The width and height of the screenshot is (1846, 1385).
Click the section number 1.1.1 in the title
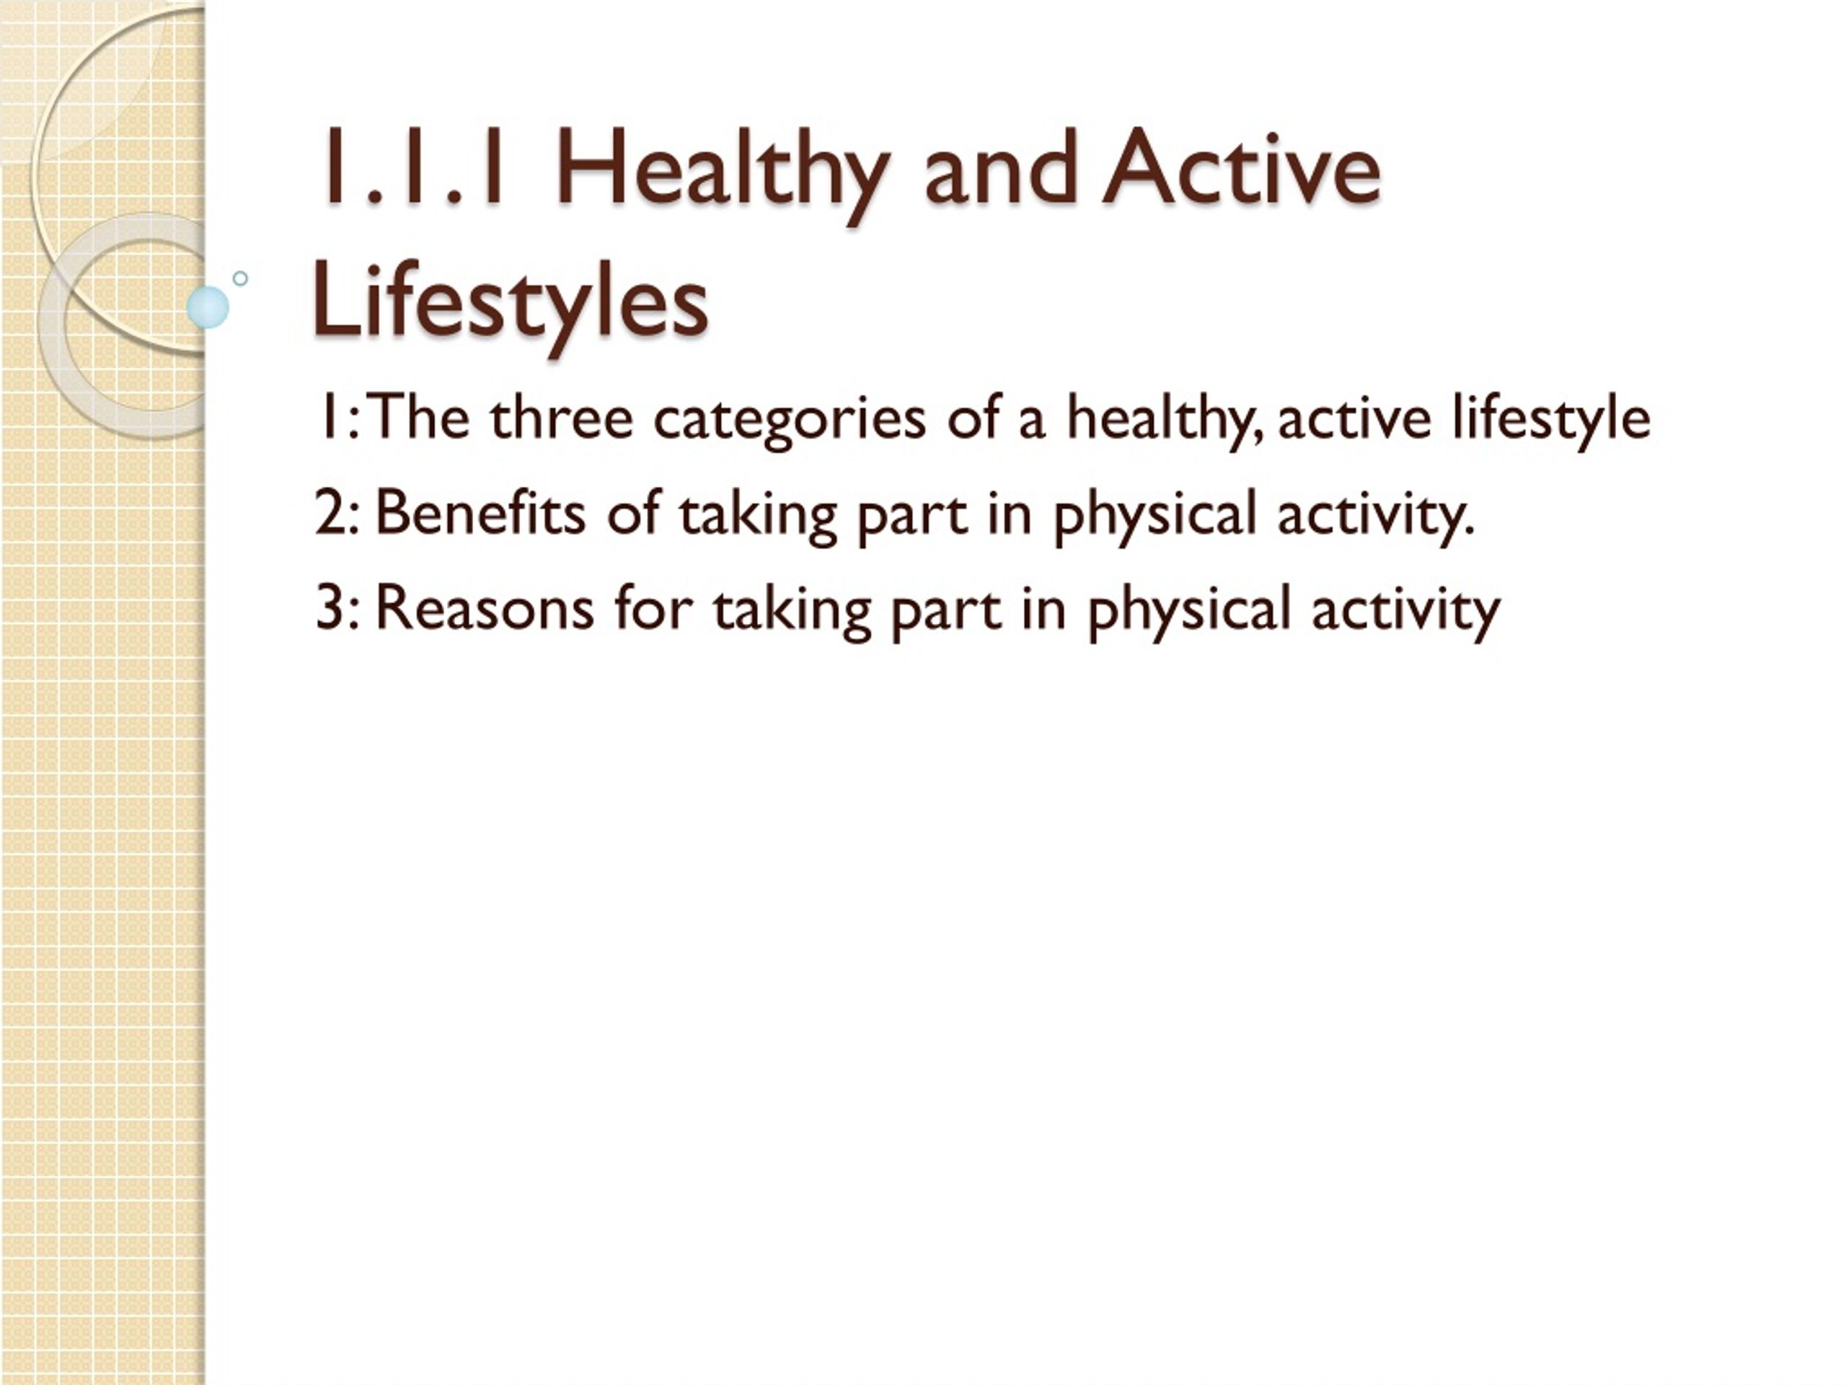tap(415, 167)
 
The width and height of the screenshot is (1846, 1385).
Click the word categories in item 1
tap(789, 421)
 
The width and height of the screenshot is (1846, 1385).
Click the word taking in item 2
tap(758, 516)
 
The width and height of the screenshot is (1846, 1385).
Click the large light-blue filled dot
tap(208, 307)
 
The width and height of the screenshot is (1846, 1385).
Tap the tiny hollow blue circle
tap(240, 278)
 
